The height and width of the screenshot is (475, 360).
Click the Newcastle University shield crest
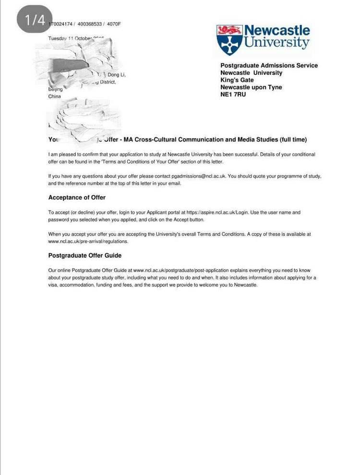229,40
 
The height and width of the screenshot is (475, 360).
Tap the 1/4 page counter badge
34,20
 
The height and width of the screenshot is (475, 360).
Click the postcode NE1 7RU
233,95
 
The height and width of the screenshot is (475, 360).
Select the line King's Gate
237,80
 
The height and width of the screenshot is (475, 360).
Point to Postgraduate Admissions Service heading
269,66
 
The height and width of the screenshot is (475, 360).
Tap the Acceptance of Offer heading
77,198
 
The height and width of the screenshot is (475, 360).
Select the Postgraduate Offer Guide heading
85,255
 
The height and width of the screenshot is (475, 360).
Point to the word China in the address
55,96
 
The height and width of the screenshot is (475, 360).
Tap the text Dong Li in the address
117,75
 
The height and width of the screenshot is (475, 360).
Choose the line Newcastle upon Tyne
251,87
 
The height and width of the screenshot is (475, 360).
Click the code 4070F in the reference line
114,24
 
